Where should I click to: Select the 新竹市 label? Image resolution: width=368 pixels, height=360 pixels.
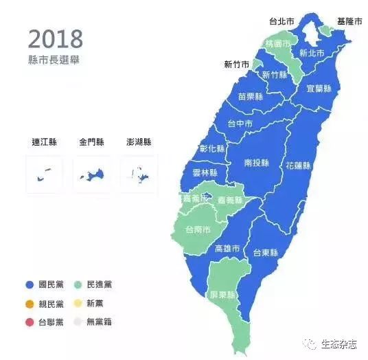pos(237,65)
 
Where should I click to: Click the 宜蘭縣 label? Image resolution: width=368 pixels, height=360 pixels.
pos(319,89)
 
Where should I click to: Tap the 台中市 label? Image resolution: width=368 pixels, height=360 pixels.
pos(240,124)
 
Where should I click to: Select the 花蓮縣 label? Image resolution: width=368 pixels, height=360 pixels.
pos(298,166)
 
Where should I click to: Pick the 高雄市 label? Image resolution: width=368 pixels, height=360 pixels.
pos(227,248)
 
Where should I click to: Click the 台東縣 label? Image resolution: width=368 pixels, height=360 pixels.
pos(265,252)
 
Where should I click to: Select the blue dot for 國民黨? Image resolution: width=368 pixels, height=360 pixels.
pos(29,284)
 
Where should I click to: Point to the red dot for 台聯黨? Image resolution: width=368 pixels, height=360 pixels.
pos(29,322)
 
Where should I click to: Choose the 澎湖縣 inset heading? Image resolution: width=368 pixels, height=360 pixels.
pos(139,142)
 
